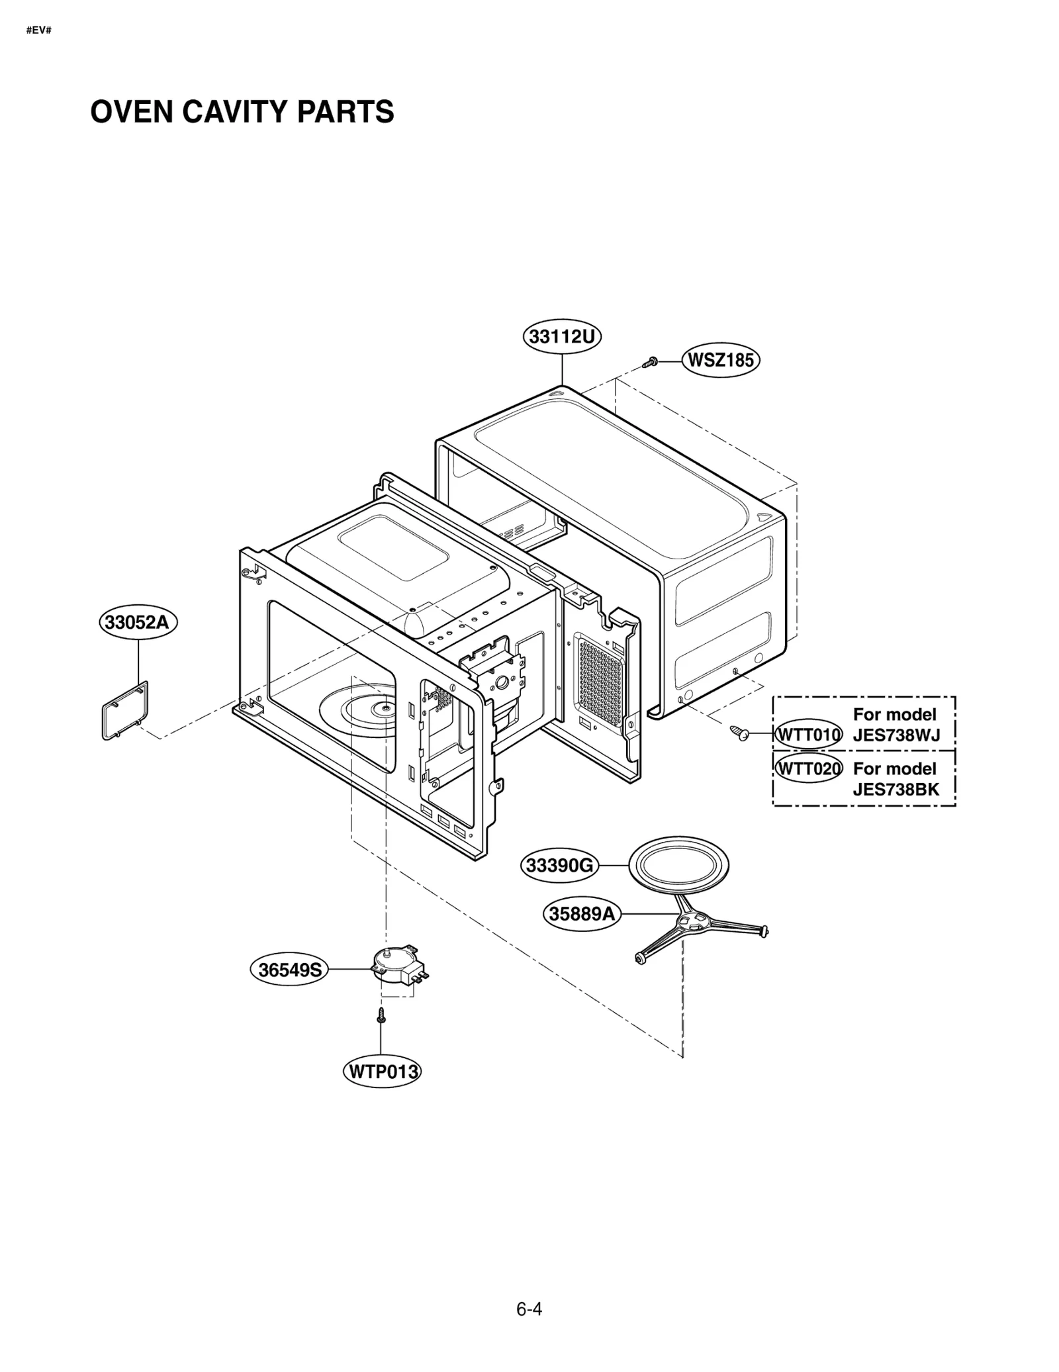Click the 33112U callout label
(562, 337)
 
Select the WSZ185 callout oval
(721, 361)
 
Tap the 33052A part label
(138, 623)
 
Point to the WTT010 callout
(808, 735)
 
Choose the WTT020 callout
(808, 768)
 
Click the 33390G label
(560, 866)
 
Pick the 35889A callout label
(582, 914)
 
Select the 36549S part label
(289, 970)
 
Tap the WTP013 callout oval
(382, 1072)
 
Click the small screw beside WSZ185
(650, 362)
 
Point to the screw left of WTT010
(739, 732)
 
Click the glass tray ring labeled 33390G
(678, 866)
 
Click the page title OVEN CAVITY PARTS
(242, 112)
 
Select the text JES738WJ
(896, 735)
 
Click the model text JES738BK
(896, 789)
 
